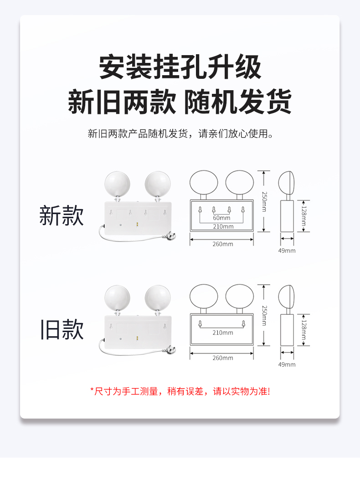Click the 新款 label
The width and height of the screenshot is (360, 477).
(x=62, y=215)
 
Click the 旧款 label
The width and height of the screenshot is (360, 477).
(x=62, y=329)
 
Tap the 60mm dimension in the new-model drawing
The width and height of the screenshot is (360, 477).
(x=221, y=218)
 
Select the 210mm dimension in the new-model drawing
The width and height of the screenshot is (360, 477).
(x=223, y=226)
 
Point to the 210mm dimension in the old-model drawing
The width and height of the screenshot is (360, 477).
(x=223, y=333)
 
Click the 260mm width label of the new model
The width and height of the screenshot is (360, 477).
(x=223, y=244)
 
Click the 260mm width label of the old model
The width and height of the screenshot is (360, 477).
(x=223, y=358)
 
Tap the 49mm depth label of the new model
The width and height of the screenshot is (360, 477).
(x=287, y=251)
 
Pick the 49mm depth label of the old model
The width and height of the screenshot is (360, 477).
(x=287, y=364)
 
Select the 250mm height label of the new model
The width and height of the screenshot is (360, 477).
(x=264, y=201)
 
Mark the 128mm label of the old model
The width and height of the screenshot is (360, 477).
(x=303, y=330)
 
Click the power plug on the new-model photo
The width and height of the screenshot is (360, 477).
(x=170, y=236)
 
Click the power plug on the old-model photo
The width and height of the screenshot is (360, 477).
(x=170, y=350)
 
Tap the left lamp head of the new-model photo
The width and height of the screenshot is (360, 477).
(x=117, y=184)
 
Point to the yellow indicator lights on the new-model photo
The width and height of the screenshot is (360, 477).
(x=137, y=225)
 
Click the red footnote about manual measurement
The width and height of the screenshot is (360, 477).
(x=180, y=391)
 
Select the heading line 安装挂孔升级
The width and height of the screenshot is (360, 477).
(x=180, y=67)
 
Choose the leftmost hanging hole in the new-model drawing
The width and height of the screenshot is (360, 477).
(x=200, y=210)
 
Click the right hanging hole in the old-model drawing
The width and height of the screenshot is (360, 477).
(x=243, y=323)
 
